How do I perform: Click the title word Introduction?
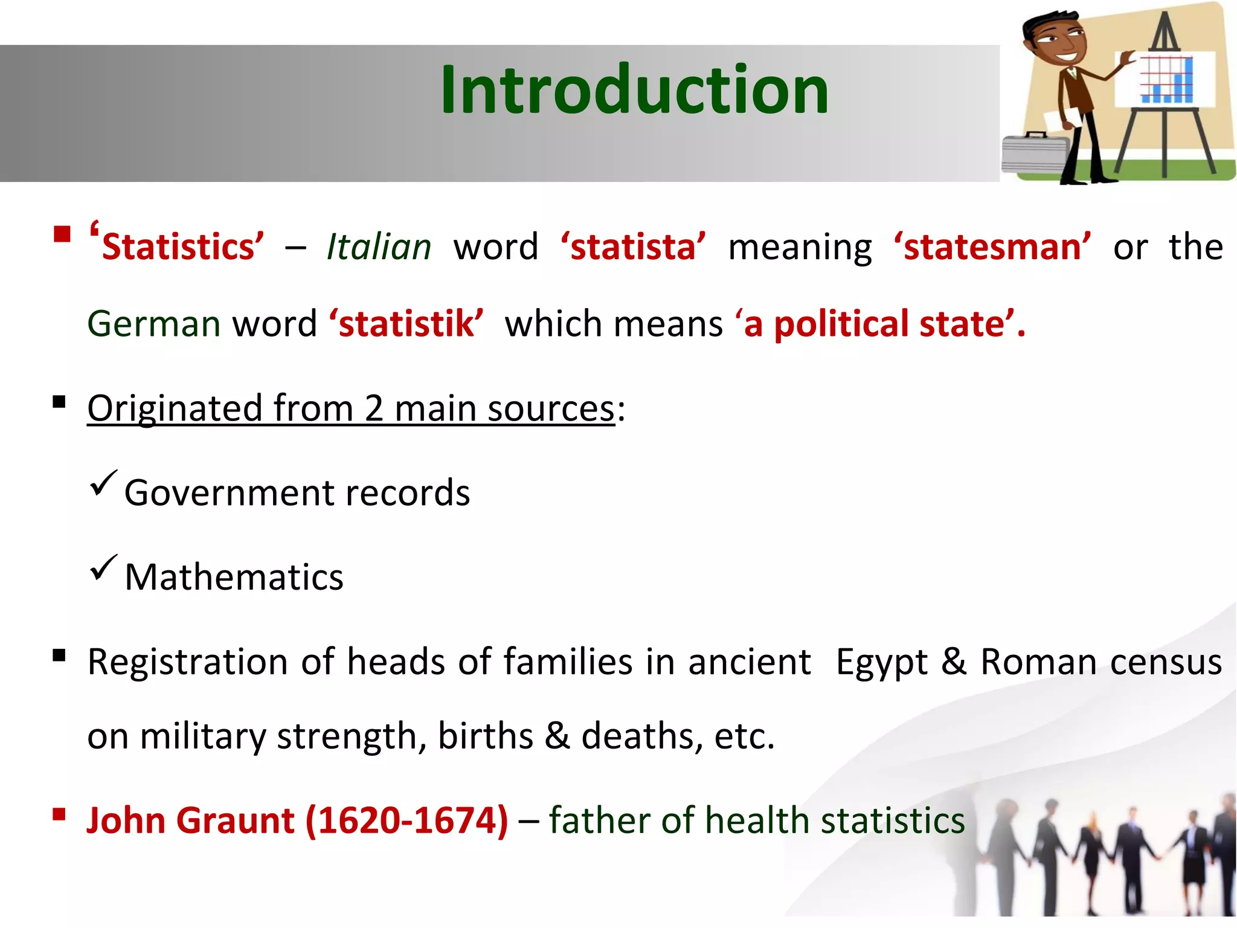point(634,91)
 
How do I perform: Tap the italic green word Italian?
point(379,248)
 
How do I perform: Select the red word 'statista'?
point(633,248)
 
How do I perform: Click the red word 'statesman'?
point(992,248)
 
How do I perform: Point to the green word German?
point(154,324)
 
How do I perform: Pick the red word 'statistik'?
point(406,324)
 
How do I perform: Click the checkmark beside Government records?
point(103,483)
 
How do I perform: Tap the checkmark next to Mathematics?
point(103,568)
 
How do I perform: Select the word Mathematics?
point(234,578)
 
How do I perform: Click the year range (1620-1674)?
point(406,821)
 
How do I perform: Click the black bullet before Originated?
point(59,402)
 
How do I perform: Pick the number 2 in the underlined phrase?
point(374,409)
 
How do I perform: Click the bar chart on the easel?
point(1165,79)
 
